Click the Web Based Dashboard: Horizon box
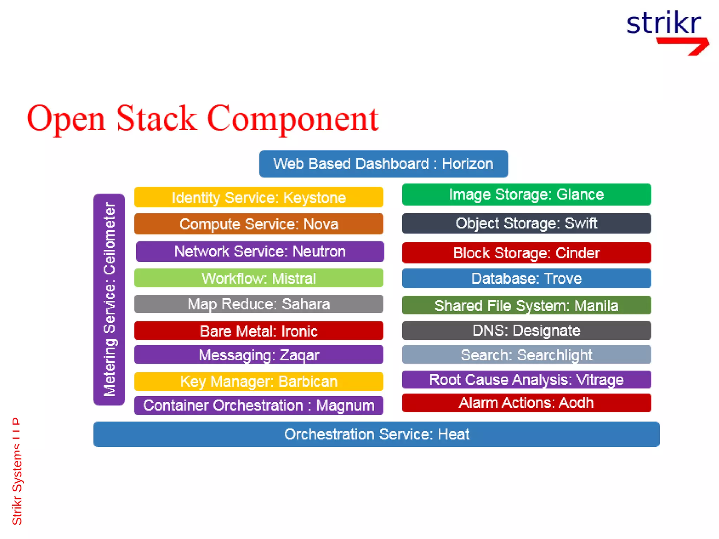click(383, 164)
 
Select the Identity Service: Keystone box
click(259, 197)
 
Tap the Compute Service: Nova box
click(259, 224)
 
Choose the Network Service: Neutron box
click(260, 251)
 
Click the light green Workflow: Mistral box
click(259, 278)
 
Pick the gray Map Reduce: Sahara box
click(259, 304)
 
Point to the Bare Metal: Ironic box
click(259, 331)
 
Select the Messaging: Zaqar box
click(259, 354)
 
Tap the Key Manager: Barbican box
click(259, 381)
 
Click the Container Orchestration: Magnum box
click(259, 405)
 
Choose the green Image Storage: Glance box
click(526, 194)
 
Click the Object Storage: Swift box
click(526, 224)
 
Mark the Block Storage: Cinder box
click(526, 253)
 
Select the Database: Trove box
click(526, 278)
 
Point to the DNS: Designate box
click(526, 331)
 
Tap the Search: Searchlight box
click(526, 354)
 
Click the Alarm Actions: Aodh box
click(526, 402)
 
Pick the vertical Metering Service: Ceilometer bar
click(109, 299)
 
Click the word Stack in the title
click(156, 119)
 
